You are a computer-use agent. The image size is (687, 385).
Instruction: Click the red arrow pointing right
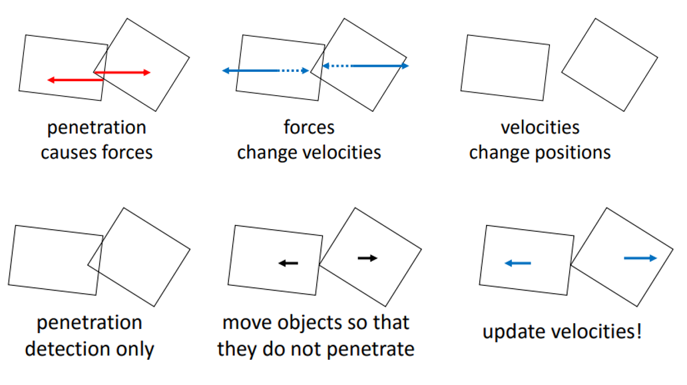click(x=122, y=73)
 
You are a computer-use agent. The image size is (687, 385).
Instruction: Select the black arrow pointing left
click(x=288, y=263)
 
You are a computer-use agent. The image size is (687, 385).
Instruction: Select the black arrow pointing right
click(x=367, y=258)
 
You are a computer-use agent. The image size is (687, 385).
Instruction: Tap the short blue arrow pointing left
click(x=518, y=264)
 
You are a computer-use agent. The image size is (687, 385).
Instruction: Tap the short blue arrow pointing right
click(x=640, y=258)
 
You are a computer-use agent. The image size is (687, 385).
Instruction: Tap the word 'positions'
click(x=574, y=153)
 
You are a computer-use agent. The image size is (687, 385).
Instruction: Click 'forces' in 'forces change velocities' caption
click(x=309, y=127)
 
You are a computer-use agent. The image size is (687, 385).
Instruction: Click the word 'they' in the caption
click(x=238, y=348)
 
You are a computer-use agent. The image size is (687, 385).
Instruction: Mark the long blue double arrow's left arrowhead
click(x=225, y=71)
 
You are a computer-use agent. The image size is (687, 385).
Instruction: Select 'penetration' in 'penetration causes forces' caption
click(x=97, y=127)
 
